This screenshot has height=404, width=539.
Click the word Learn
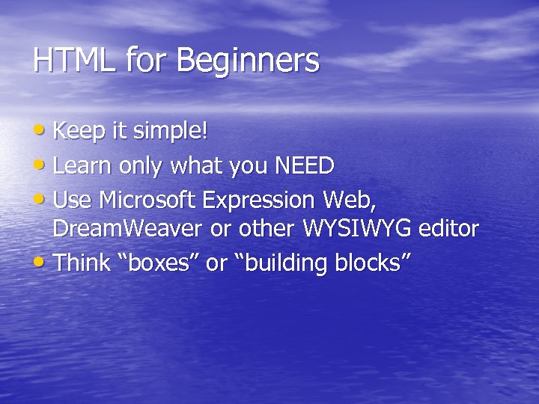[82, 166]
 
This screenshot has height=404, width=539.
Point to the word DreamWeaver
[128, 229]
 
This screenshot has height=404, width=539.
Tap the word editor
[448, 229]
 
